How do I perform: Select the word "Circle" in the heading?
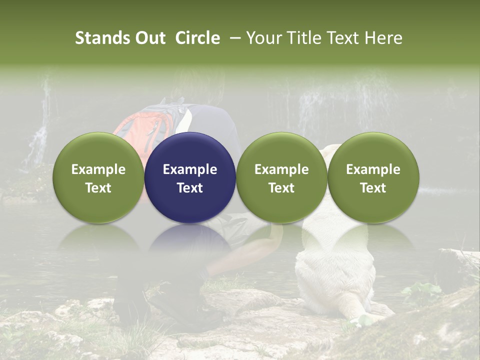click(x=197, y=38)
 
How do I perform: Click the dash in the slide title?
click(x=233, y=38)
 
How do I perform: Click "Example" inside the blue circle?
click(x=190, y=169)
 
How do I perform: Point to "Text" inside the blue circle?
click(x=190, y=188)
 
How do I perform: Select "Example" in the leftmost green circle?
click(x=98, y=169)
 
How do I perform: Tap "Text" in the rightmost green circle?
click(x=373, y=188)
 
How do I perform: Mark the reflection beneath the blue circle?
click(x=190, y=240)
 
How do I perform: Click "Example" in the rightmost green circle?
click(x=373, y=169)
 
